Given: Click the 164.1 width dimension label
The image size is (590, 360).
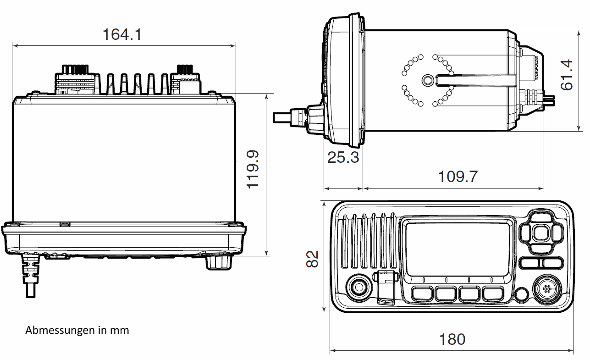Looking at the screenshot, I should coord(122,34).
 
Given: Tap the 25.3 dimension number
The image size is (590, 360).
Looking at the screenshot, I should coord(343,157).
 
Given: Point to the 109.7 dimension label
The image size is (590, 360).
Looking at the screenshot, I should coord(458,176).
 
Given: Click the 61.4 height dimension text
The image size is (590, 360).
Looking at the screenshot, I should coord(567,74).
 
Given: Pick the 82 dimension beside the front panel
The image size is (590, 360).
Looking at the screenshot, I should coord(312,259).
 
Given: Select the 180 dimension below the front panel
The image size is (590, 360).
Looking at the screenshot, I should coord(452,339).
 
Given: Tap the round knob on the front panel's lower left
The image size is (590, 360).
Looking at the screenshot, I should coord(358,288).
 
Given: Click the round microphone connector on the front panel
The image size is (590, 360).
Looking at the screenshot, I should coord(546,288).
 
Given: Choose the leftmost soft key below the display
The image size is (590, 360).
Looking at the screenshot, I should coord(422,294).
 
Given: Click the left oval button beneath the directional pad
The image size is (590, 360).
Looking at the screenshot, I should coord(530,263).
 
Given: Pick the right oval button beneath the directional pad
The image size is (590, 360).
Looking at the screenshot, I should coord(552,263).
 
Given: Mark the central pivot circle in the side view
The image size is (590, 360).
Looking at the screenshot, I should coord(427,81).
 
